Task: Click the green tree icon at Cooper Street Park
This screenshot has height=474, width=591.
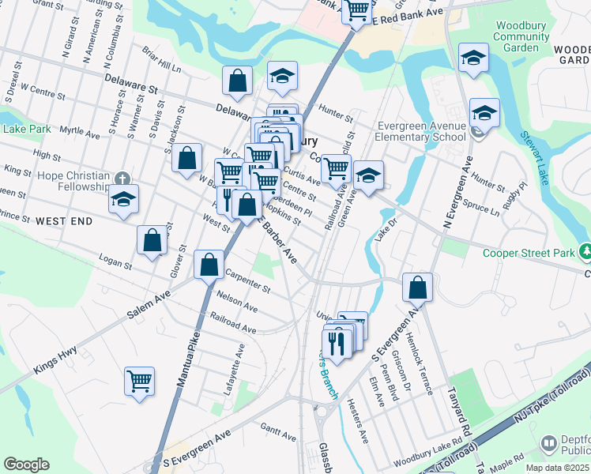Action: point(585,252)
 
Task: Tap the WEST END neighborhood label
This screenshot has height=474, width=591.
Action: point(63,223)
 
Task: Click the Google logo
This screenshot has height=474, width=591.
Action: point(26,465)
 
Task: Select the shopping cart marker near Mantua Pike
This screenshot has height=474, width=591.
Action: point(140,382)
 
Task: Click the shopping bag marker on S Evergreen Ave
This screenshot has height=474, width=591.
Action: point(418,288)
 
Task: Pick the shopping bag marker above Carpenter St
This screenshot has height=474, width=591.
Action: point(209,265)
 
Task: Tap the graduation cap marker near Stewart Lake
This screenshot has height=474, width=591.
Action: point(484,114)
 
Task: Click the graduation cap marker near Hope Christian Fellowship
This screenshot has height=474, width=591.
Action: point(123,200)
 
